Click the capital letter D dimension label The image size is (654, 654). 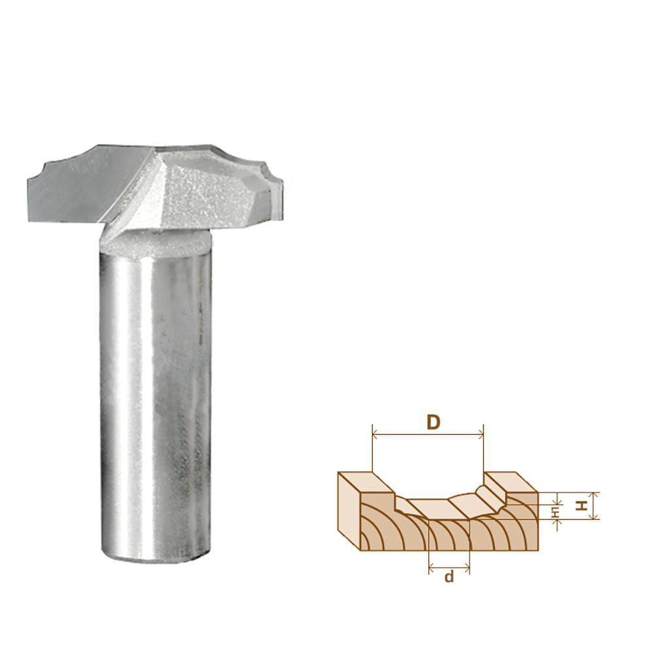click(x=432, y=422)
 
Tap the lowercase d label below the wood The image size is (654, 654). click(x=449, y=576)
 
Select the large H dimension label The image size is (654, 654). click(x=579, y=506)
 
